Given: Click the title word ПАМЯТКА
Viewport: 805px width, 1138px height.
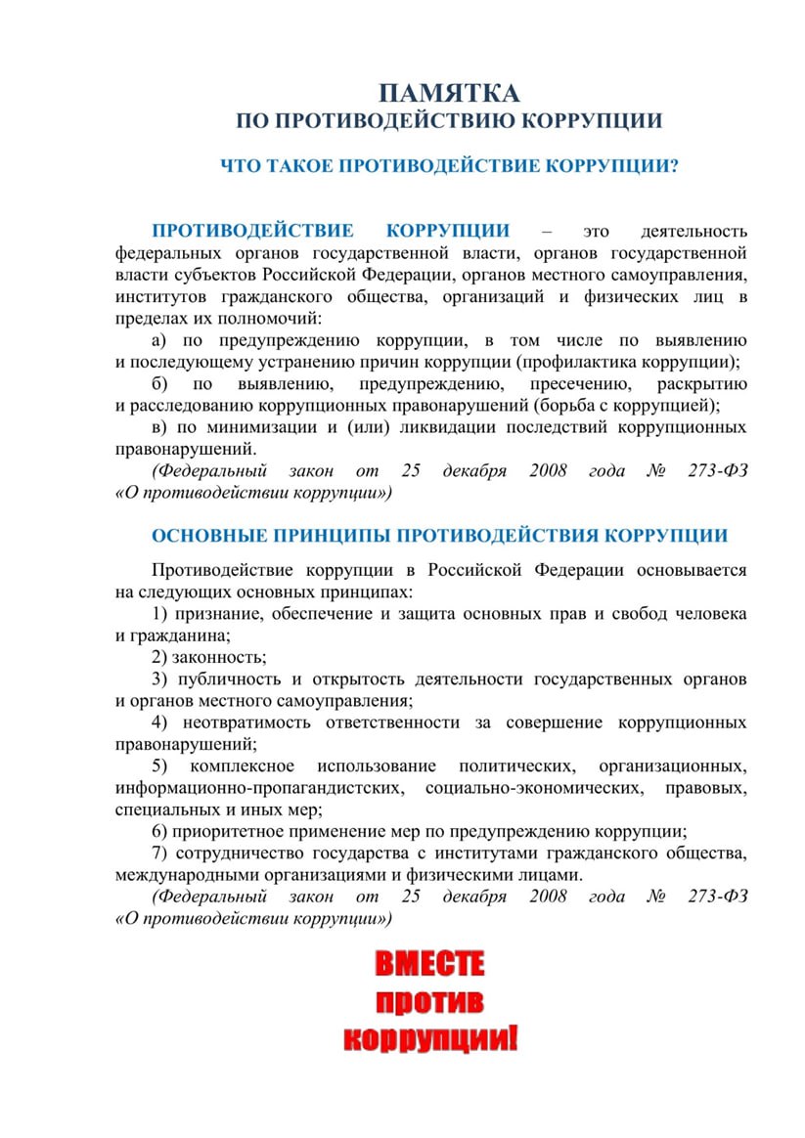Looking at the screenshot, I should tap(450, 94).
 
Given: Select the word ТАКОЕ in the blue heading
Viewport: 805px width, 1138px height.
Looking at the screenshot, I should tap(299, 166).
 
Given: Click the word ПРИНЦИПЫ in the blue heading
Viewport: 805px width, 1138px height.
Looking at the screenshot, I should tap(326, 536).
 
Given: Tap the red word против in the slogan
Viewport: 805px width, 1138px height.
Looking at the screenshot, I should tap(430, 1002).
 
